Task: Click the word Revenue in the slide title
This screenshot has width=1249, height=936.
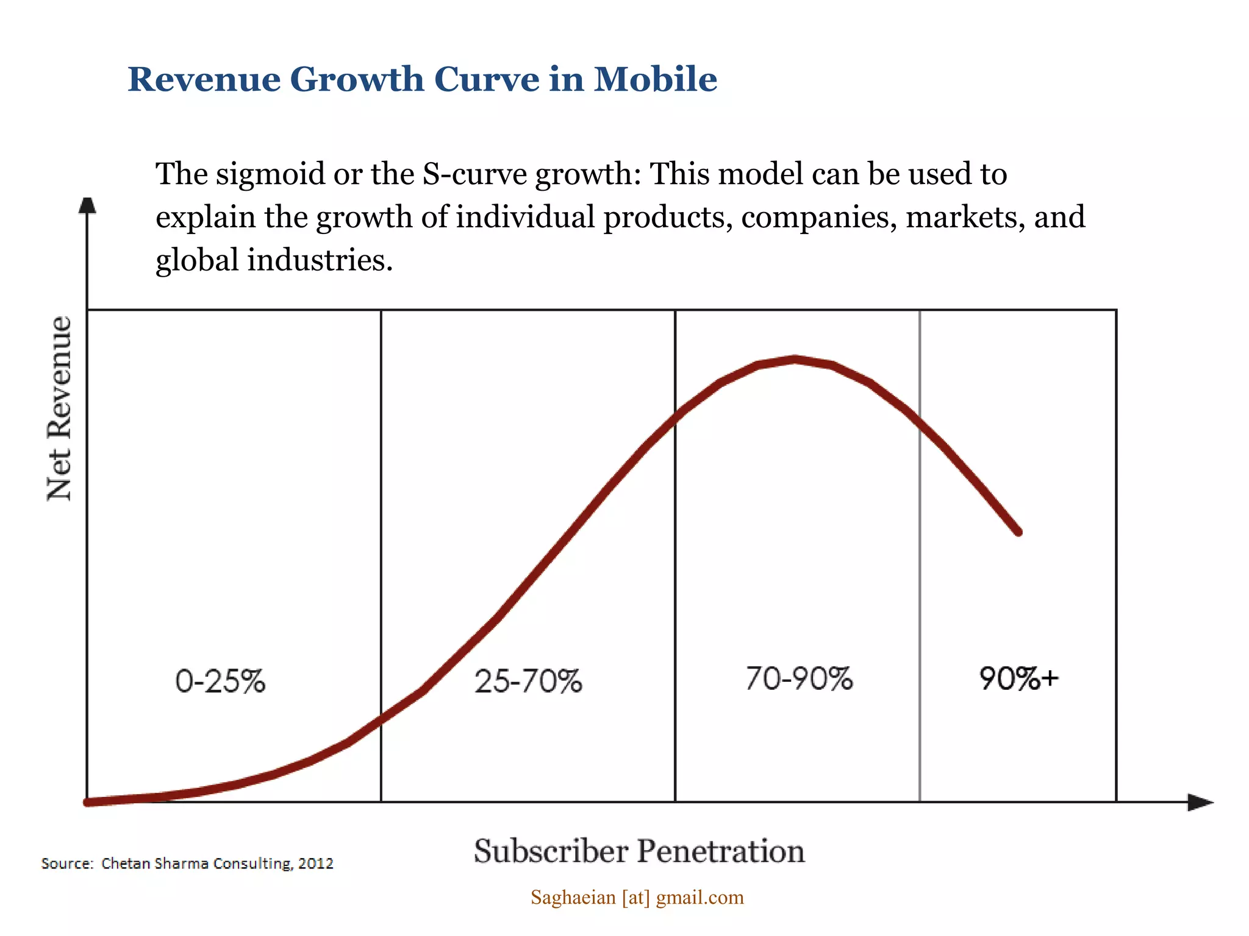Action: pos(204,79)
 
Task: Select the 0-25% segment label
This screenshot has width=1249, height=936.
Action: pos(220,681)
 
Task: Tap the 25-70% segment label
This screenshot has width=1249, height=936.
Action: pos(528,681)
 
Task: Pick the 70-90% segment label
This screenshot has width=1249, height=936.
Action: pos(799,679)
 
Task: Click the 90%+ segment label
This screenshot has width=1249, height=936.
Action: pos(1018,679)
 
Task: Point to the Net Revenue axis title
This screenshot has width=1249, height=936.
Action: pos(60,408)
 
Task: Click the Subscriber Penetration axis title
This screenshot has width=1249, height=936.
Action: pos(639,851)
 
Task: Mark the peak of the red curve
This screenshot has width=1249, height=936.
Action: pos(795,360)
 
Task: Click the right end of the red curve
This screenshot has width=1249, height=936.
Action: pos(1018,532)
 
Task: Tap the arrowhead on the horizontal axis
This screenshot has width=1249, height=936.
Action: pos(1200,803)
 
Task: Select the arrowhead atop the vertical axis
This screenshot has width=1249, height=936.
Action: pos(87,205)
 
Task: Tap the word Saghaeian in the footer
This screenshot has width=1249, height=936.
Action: pos(573,898)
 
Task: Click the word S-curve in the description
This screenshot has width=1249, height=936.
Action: pos(474,174)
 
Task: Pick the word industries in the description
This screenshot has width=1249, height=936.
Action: pos(320,261)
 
